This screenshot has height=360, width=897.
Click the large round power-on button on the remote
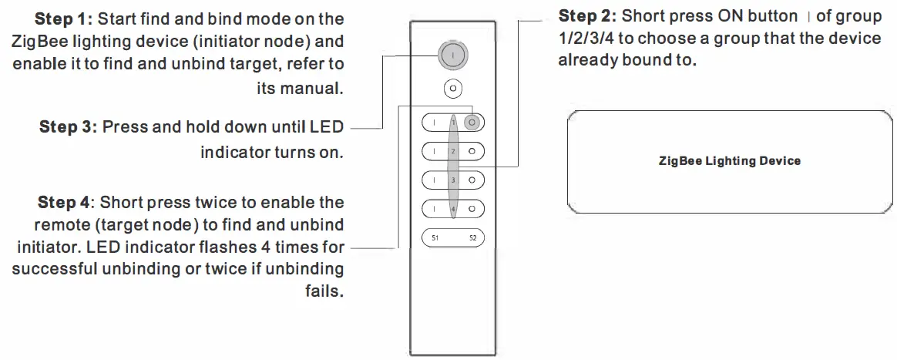pos(453,56)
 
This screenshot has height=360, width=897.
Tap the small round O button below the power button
pos(454,89)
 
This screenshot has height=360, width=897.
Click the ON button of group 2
pos(434,151)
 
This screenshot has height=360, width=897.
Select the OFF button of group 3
pos(473,180)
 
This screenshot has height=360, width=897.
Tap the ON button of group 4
pos(434,209)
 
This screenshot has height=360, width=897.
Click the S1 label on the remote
pos(435,238)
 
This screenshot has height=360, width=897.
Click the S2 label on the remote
pos(472,238)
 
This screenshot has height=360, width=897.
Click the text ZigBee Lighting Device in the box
pos(729,161)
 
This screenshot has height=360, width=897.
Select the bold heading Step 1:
pos(69,17)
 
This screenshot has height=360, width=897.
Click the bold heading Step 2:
pos(586,16)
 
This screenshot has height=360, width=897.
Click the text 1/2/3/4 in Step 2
pos(585,39)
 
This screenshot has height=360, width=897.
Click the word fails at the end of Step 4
pos(323,294)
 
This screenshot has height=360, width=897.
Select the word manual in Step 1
pos(309,88)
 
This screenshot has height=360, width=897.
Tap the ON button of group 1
pos(434,122)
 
